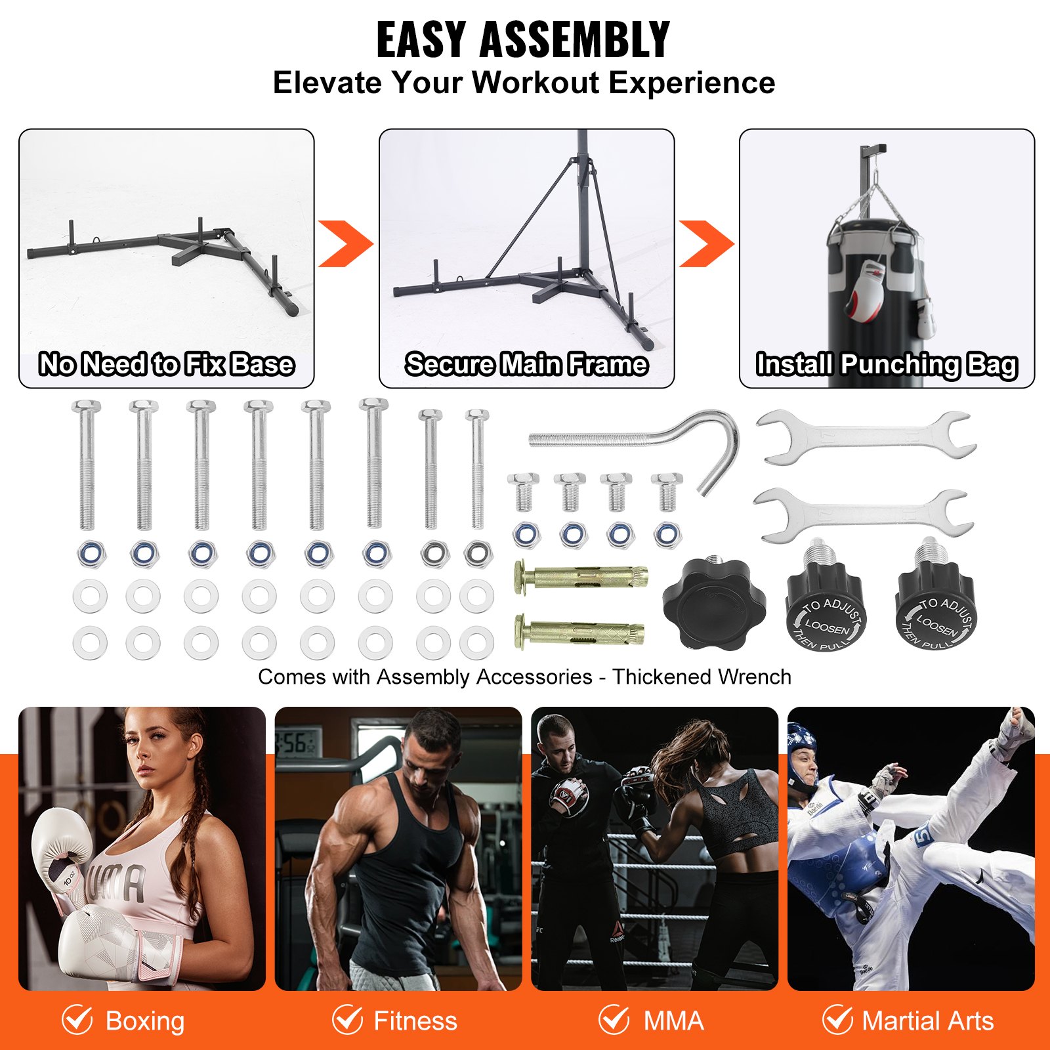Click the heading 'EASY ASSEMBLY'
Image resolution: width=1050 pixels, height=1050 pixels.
pyautogui.click(x=523, y=41)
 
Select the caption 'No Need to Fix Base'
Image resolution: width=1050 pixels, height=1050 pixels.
pyautogui.click(x=166, y=364)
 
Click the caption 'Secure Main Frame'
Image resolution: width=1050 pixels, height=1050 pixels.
pyautogui.click(x=526, y=364)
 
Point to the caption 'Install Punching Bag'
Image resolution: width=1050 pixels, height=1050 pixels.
pyautogui.click(x=887, y=364)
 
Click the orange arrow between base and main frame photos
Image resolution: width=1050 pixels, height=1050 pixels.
pyautogui.click(x=345, y=244)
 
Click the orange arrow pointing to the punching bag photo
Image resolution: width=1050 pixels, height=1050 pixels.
pyautogui.click(x=705, y=244)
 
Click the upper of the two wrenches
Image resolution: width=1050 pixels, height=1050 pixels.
pyautogui.click(x=865, y=436)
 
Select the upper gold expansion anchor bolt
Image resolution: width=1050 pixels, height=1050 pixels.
pyautogui.click(x=581, y=577)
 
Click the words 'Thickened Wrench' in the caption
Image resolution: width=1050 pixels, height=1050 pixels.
pyautogui.click(x=702, y=677)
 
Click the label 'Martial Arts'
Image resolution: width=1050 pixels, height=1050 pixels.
pyautogui.click(x=927, y=1021)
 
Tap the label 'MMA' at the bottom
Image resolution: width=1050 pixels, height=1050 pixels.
pyautogui.click(x=673, y=1021)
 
